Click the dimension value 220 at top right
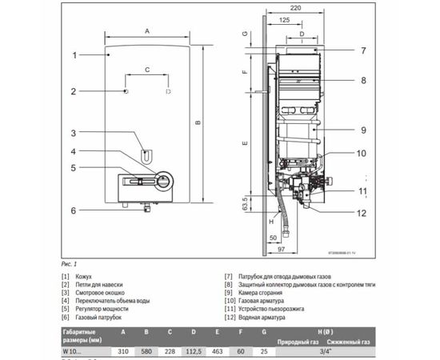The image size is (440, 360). (297, 7)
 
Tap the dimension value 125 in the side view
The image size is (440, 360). (286, 21)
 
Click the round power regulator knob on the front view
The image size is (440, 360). (163, 182)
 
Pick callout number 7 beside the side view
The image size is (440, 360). (362, 50)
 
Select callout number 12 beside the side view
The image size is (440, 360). (362, 213)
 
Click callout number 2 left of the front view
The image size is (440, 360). (73, 91)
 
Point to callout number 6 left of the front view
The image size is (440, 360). (73, 211)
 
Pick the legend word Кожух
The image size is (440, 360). (94, 276)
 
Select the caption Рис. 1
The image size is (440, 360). (70, 262)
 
